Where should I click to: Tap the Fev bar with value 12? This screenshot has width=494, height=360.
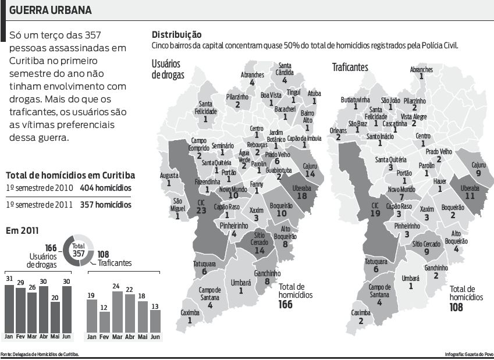point(105,320)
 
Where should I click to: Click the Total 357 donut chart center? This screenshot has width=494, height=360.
point(78,250)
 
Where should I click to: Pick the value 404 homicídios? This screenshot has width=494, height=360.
point(105,188)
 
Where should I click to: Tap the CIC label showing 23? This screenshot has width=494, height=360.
point(202,206)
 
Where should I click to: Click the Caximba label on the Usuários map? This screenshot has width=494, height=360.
point(190,316)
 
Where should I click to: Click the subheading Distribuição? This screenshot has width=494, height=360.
point(176,34)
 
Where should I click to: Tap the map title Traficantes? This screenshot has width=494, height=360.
point(350,67)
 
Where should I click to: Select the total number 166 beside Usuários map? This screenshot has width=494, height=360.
point(285,304)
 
